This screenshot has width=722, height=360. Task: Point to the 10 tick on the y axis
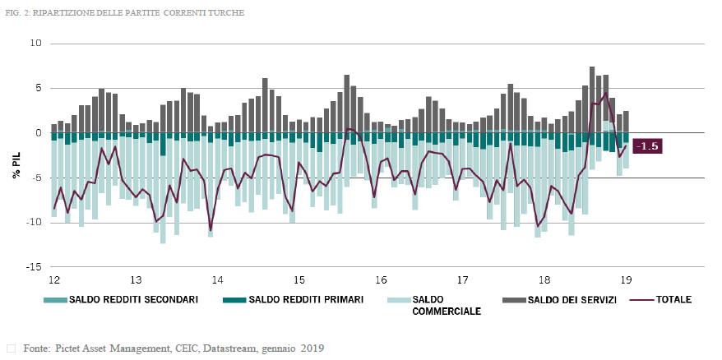coord(35,43)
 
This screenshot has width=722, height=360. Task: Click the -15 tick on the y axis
coord(32,267)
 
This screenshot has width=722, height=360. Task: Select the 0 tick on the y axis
coord(37,132)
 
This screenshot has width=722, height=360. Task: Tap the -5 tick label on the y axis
coord(35,178)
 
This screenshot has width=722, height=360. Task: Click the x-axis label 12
coord(54,279)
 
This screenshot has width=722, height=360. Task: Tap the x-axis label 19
coord(626,279)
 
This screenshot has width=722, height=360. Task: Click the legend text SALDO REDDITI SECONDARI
coord(133,300)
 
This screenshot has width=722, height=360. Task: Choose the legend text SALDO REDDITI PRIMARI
coord(306,300)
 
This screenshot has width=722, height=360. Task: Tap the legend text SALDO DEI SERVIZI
coord(573,300)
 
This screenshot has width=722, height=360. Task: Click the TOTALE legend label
coord(674,300)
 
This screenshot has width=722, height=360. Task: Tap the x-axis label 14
coord(217,279)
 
